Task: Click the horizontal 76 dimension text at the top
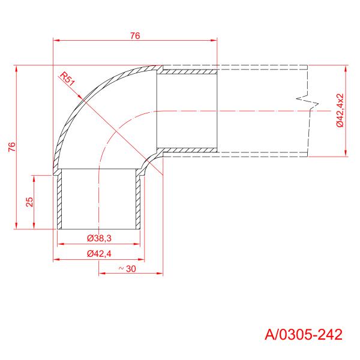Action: click(134, 35)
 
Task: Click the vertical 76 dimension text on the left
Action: click(12, 147)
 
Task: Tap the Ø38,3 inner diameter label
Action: click(98, 239)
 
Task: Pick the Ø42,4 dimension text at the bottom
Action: click(98, 254)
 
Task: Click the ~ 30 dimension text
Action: click(127, 269)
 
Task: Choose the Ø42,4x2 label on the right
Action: click(340, 110)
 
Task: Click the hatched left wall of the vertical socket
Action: click(59, 201)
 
